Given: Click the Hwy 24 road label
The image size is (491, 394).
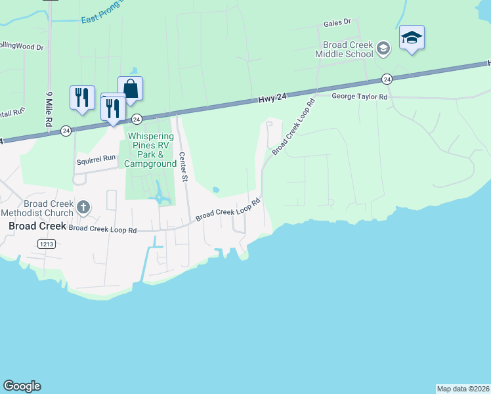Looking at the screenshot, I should [x=272, y=98].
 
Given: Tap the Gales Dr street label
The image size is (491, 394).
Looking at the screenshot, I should [x=338, y=23].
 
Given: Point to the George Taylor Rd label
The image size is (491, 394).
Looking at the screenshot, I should [x=360, y=96].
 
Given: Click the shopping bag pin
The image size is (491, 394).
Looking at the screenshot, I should [x=131, y=88].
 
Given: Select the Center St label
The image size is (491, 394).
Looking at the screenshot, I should [x=184, y=167].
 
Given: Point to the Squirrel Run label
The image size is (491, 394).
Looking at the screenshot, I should [x=96, y=158].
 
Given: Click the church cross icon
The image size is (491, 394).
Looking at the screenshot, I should [x=83, y=208].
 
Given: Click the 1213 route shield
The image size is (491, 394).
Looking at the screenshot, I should [x=45, y=243].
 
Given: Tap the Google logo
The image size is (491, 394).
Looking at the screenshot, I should [x=22, y=386].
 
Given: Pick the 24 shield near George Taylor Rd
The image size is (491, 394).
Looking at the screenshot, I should [x=387, y=79].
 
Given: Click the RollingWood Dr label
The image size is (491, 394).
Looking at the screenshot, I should [x=21, y=47].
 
